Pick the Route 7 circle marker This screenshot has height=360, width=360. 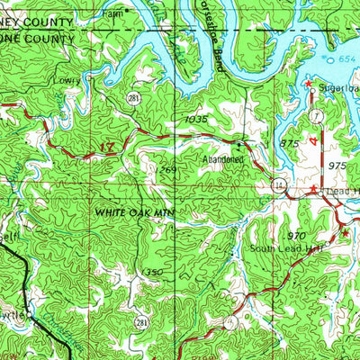[317, 118]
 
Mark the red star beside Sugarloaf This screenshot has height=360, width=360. [308, 85]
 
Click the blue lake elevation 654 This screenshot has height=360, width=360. [348, 58]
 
